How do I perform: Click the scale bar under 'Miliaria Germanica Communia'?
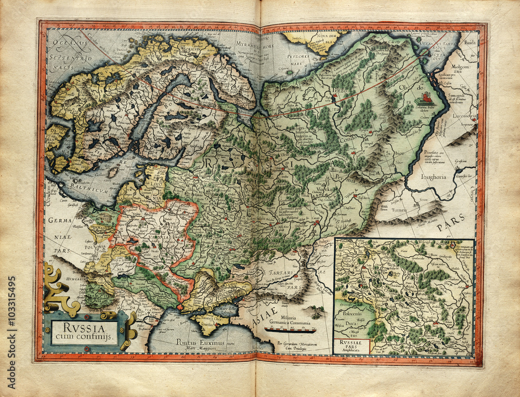coord(290,329)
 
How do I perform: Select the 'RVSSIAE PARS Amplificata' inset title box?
coord(352,345)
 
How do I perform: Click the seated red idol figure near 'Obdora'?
coord(425,97)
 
